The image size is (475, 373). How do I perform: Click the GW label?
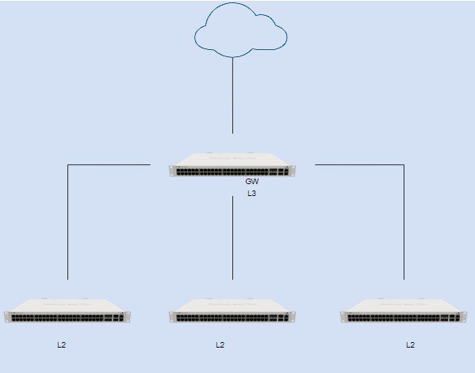(252, 182)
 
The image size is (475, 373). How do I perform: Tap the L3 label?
(251, 193)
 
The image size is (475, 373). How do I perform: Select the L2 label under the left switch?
(62, 344)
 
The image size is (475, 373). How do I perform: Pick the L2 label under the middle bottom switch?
(220, 344)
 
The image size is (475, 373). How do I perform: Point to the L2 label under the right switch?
(410, 344)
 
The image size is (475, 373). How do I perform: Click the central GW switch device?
(232, 164)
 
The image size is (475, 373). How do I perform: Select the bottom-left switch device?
(67, 310)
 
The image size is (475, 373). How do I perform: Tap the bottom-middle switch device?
(232, 310)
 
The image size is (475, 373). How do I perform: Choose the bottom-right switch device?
(404, 310)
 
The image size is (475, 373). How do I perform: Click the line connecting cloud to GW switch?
(232, 95)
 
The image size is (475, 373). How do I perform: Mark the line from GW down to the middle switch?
(232, 238)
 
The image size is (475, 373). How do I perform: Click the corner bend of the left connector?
(68, 164)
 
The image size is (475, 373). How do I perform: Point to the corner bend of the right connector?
(404, 164)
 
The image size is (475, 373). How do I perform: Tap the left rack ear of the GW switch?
(172, 171)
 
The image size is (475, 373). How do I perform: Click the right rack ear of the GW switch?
(293, 171)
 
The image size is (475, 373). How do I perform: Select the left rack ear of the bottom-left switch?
(7, 317)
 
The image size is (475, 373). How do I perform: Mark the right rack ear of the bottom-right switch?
(464, 317)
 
